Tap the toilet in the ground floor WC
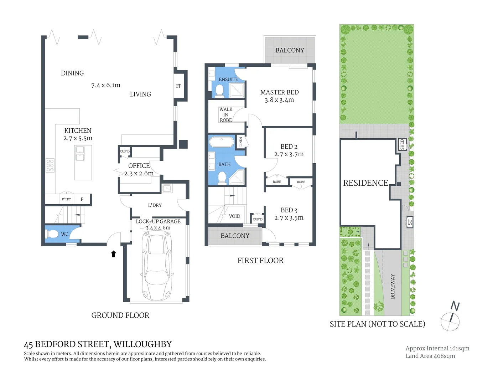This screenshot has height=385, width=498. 52,234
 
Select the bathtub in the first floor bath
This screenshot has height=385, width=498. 222,142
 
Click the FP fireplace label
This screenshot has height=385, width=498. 179,86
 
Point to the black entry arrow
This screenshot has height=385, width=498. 113,254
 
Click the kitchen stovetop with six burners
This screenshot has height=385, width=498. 50,165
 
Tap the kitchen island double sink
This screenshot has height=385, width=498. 80,153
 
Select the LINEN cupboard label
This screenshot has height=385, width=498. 241,142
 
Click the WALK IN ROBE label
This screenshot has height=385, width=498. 226,115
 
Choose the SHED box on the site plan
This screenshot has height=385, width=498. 402,144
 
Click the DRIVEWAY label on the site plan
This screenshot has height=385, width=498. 393,286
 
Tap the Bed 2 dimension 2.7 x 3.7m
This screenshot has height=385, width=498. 289,154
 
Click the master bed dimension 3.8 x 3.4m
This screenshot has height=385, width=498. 279,100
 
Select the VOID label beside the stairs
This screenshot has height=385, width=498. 234,216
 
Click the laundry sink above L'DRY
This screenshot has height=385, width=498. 167,188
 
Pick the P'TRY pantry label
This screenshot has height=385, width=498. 66,199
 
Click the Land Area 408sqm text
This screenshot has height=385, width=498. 430,356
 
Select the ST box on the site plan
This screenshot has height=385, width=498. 410,222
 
